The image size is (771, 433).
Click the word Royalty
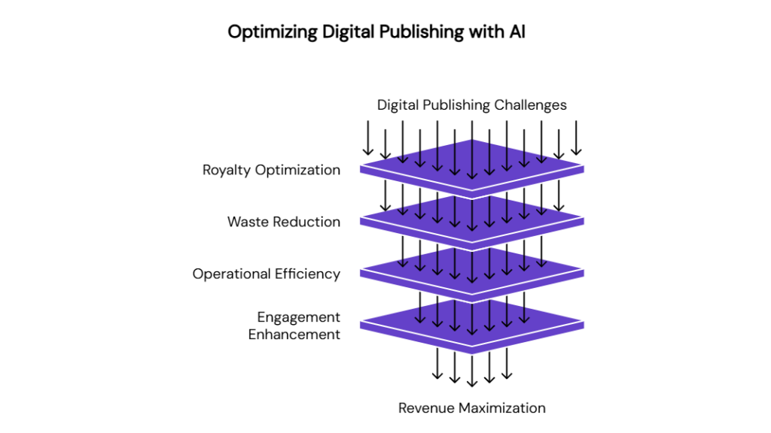coord(227,171)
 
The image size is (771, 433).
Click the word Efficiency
coord(307,274)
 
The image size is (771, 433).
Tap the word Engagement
coord(298,318)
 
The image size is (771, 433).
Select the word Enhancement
coord(294,335)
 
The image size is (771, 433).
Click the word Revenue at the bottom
coord(422,408)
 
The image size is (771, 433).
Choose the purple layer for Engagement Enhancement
coord(472,326)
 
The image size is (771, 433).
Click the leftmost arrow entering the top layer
coord(367,138)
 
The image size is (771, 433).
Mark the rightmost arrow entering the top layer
coord(576,138)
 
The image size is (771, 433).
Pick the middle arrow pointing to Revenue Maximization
coord(472,371)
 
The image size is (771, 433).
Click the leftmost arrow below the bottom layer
coord(437,364)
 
